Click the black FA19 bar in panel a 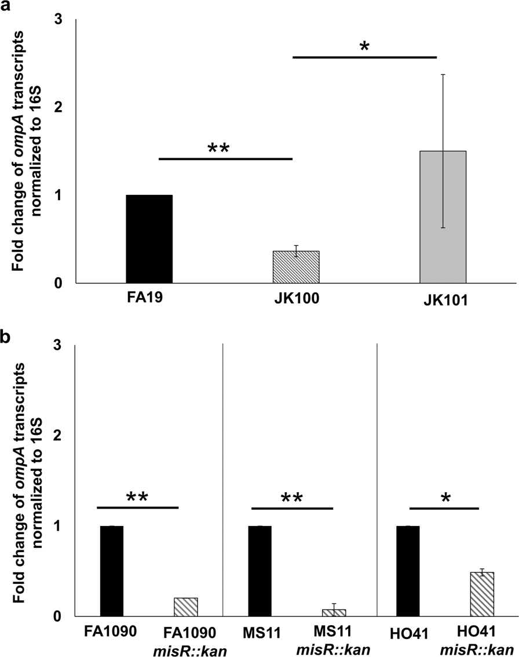(x=149, y=239)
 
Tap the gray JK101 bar (x=443, y=217)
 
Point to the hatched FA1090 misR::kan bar (x=186, y=607)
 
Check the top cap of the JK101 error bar (x=443, y=74)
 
